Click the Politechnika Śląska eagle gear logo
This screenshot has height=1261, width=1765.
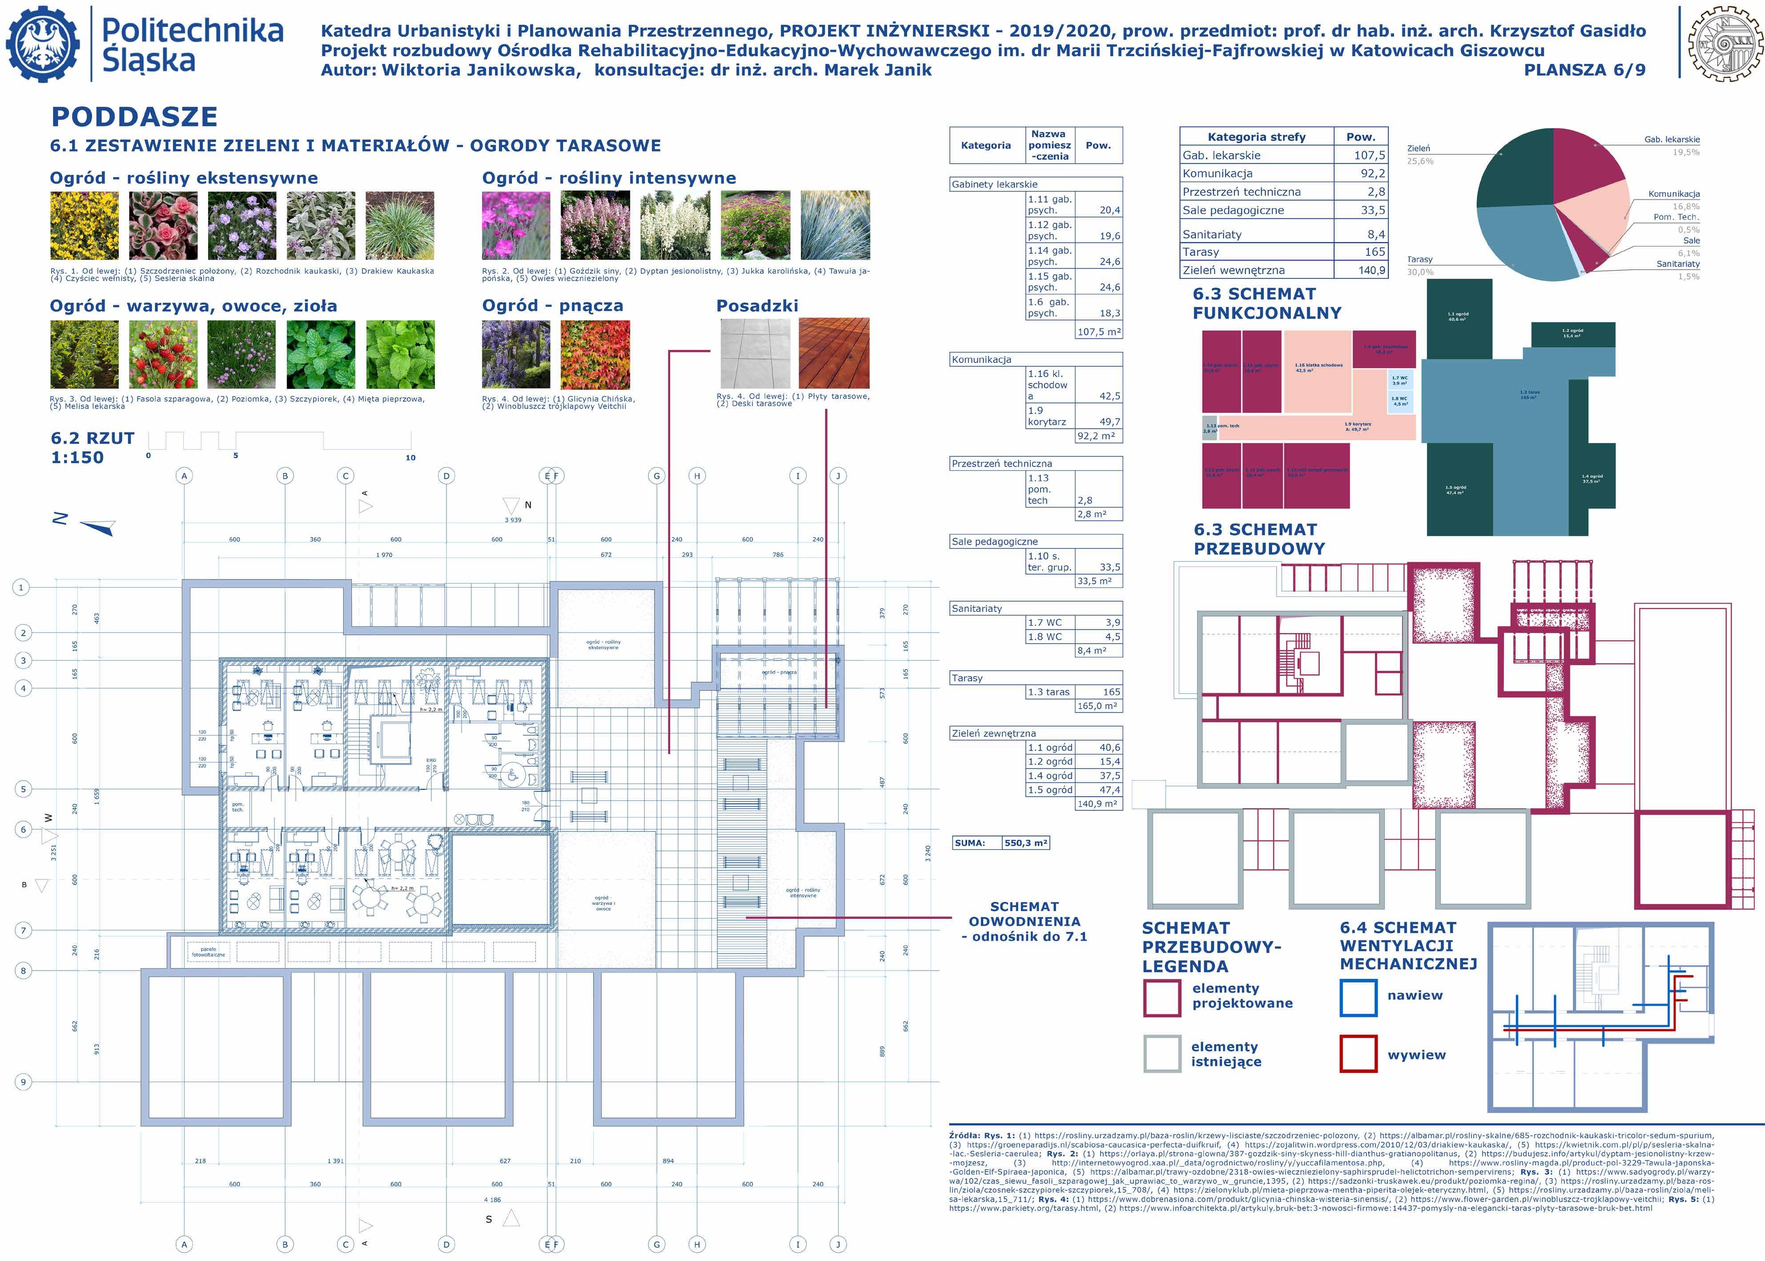point(43,44)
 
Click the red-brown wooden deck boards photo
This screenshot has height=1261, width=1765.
point(834,353)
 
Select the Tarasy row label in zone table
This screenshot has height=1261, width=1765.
point(1201,252)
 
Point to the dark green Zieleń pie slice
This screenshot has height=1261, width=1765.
point(1513,167)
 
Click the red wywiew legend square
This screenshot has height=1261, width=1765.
point(1358,1054)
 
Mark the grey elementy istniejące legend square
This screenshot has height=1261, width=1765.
point(1162,1054)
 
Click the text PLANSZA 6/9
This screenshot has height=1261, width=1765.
point(1584,70)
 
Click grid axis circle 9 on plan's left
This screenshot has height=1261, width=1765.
point(23,1082)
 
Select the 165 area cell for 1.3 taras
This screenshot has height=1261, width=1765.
point(1111,692)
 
